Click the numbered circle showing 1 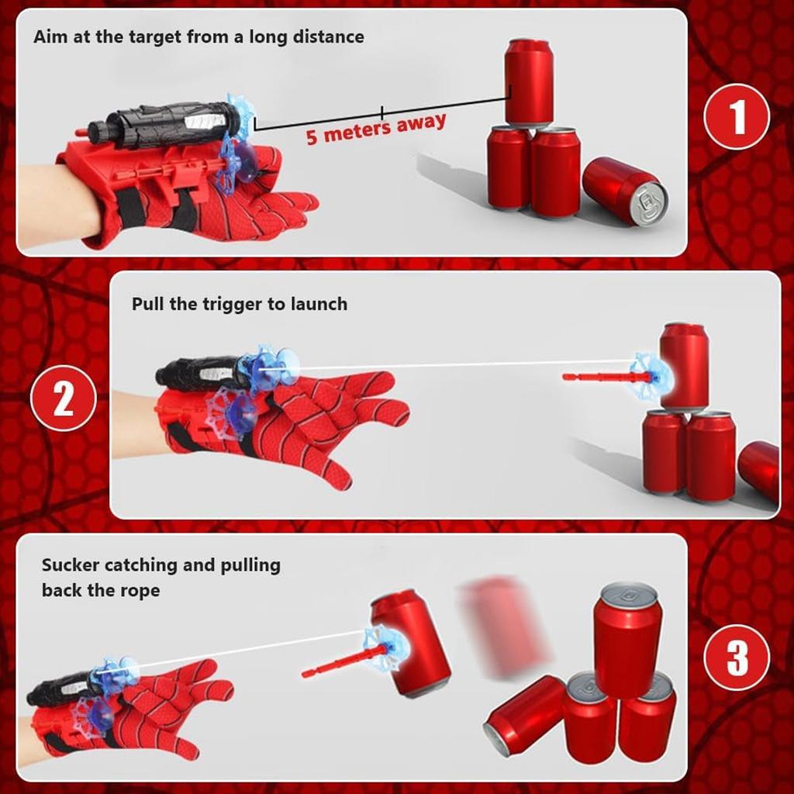(737, 116)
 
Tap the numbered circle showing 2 (64, 398)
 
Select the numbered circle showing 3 (737, 657)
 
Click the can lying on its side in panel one (625, 191)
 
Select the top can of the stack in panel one (529, 82)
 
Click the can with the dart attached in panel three (410, 643)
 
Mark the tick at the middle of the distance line (381, 112)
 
